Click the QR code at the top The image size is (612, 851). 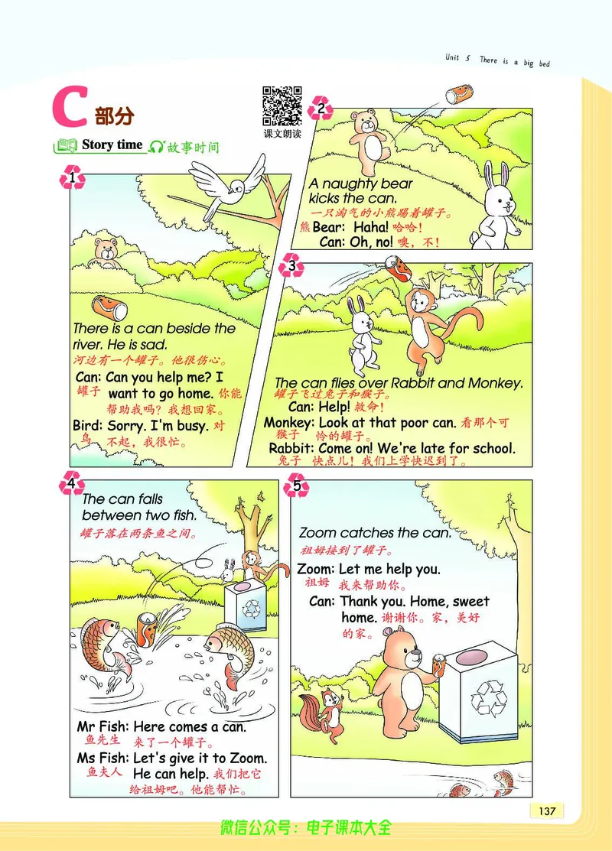click(282, 106)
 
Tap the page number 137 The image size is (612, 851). click(547, 810)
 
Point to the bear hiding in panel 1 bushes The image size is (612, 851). click(107, 252)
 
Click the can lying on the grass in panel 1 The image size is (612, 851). click(109, 307)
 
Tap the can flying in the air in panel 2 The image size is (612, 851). click(457, 95)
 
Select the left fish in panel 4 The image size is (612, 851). click(107, 647)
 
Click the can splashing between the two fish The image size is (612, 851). click(147, 629)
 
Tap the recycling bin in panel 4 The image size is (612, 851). click(246, 606)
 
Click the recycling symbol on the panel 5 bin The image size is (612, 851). click(488, 697)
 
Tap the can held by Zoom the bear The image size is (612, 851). click(438, 665)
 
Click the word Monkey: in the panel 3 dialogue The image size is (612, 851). click(289, 422)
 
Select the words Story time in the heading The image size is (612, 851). click(112, 145)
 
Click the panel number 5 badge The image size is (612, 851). click(296, 486)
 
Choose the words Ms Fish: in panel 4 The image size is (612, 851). click(103, 758)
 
